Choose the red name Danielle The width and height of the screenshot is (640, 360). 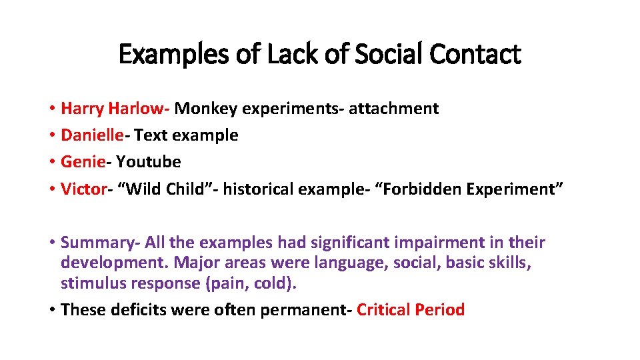click(92, 135)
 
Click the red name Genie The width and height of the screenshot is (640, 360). click(82, 161)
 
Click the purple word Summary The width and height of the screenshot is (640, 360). click(95, 243)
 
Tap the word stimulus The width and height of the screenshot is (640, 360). click(91, 284)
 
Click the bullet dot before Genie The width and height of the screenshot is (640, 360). click(51, 162)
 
